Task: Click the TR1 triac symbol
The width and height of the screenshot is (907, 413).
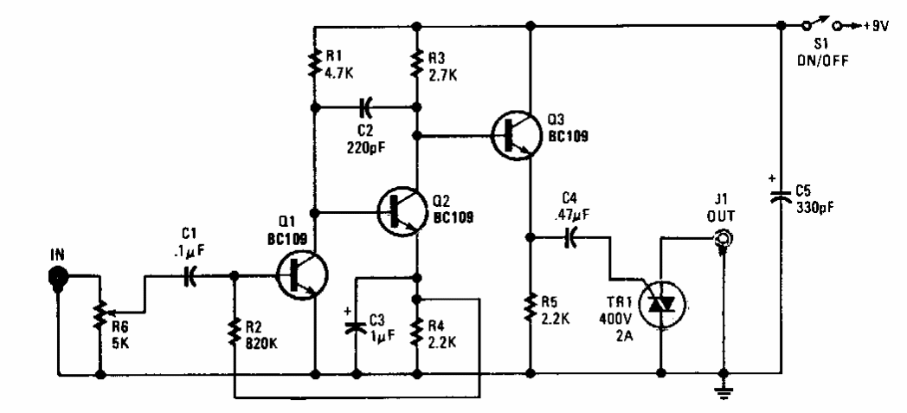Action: pyautogui.click(x=660, y=304)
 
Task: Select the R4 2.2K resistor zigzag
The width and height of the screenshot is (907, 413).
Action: pyautogui.click(x=418, y=329)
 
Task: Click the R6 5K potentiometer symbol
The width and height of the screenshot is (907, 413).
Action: pyautogui.click(x=102, y=321)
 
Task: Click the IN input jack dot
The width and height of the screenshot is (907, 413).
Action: pyautogui.click(x=58, y=276)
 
